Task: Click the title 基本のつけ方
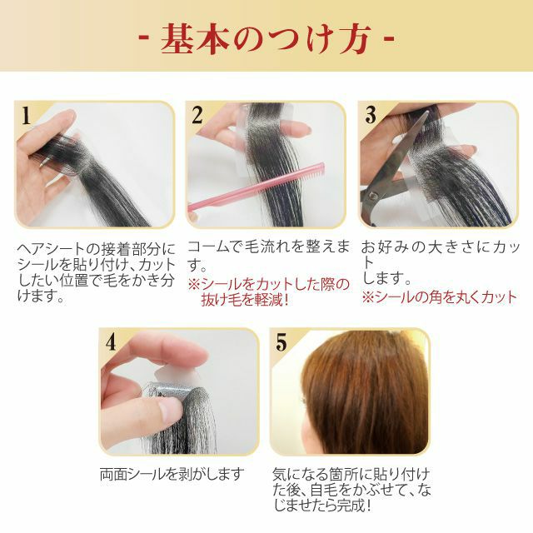(x=266, y=39)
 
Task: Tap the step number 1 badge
(x=26, y=116)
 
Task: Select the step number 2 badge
(x=197, y=115)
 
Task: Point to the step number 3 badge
(x=371, y=115)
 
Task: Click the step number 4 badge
(x=111, y=342)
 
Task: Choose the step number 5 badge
(x=281, y=342)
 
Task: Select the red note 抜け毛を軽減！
(x=245, y=300)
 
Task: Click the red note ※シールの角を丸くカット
(x=439, y=297)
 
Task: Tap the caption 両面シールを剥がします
(x=172, y=474)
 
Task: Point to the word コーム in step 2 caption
(x=209, y=247)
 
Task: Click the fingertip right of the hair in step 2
(x=300, y=129)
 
